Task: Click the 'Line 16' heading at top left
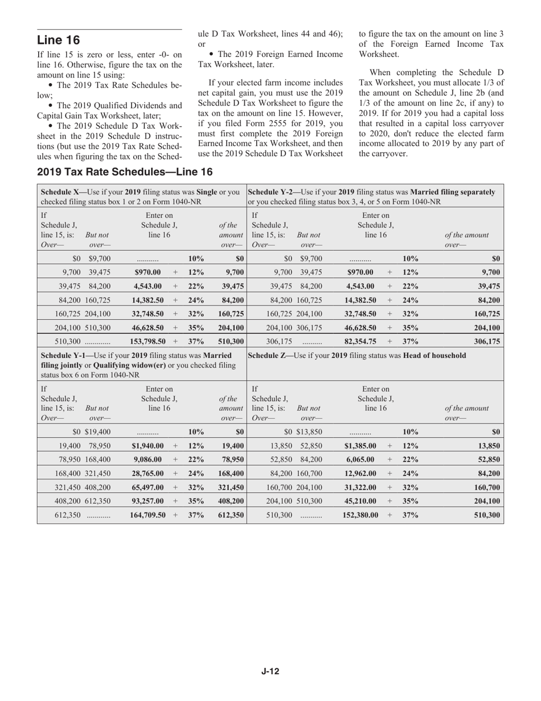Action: click(59, 40)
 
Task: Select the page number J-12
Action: click(270, 671)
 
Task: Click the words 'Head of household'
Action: click(435, 355)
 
